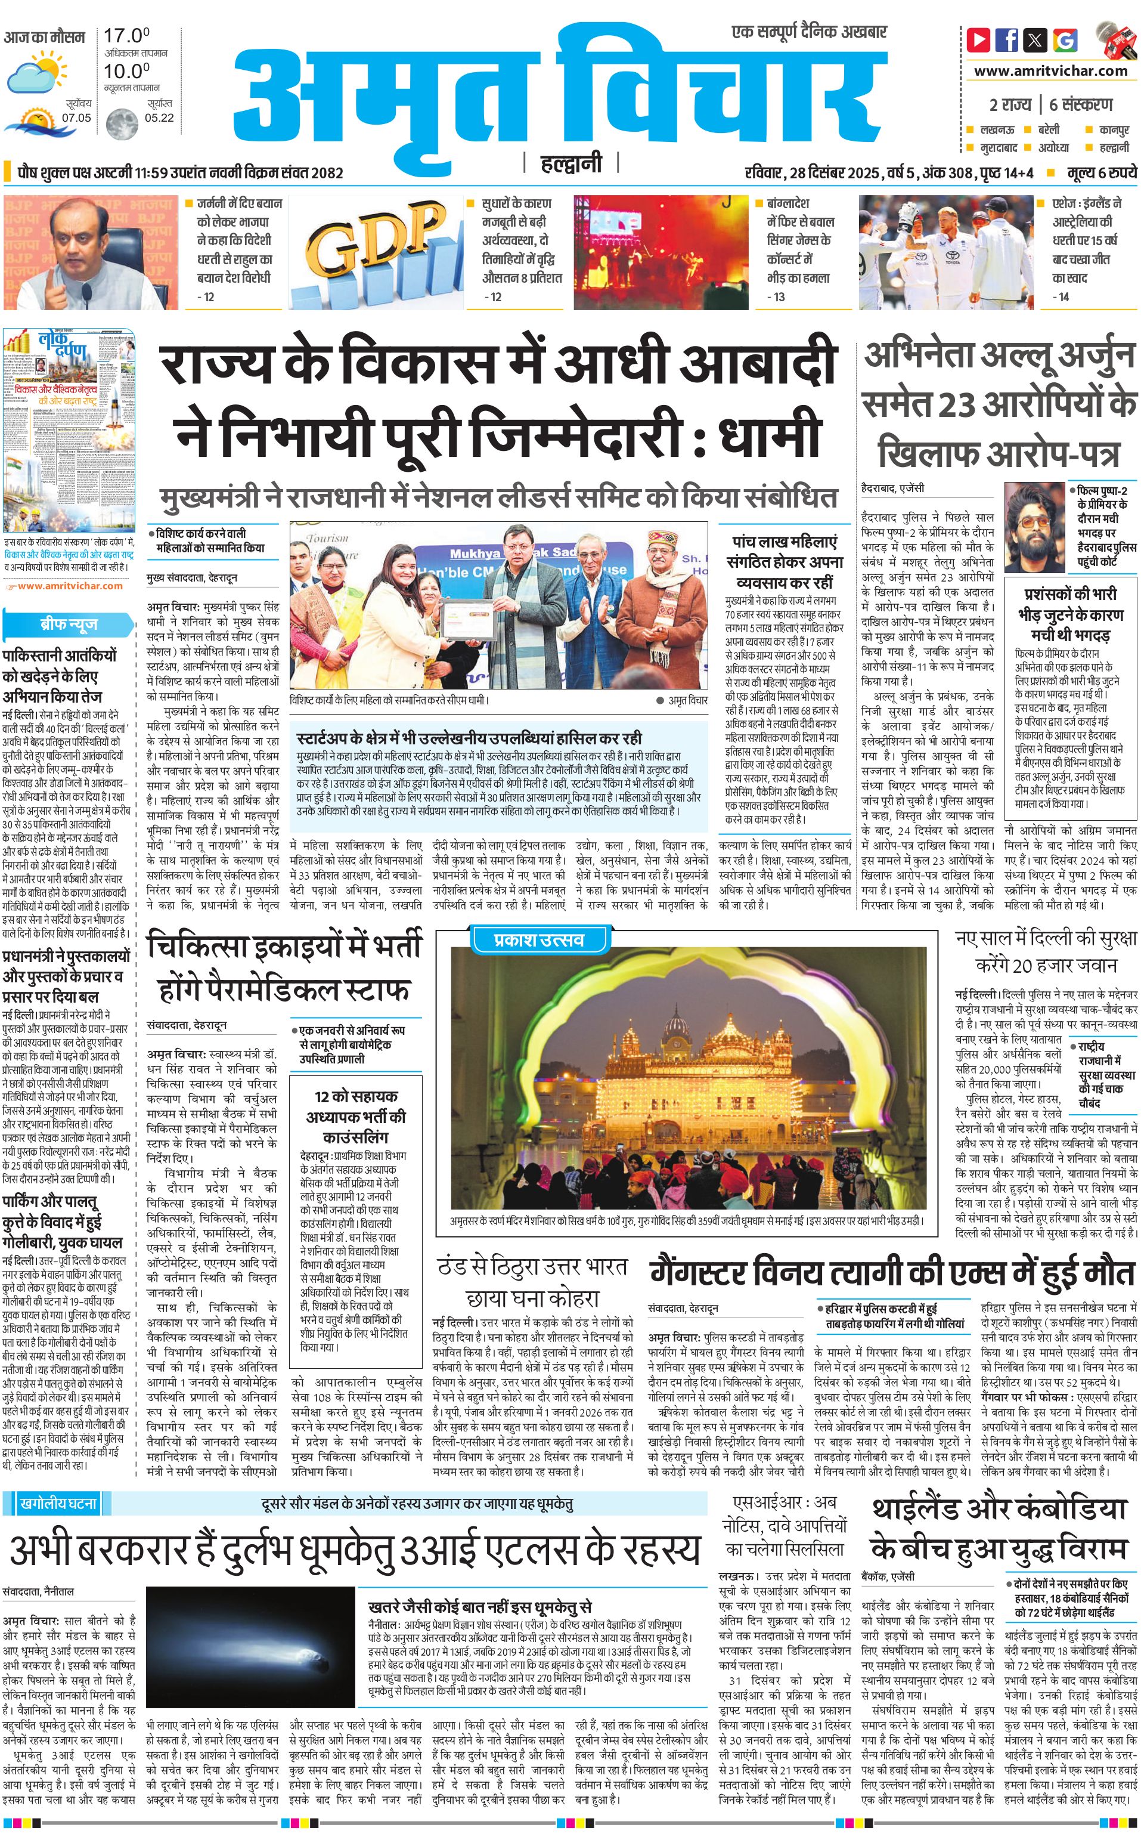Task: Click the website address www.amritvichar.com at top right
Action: coord(1050,71)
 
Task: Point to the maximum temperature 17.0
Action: coord(126,35)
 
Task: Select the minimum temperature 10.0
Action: coord(126,72)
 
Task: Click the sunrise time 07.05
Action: coord(76,117)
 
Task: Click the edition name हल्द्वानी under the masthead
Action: coord(570,162)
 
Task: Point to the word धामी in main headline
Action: coord(770,435)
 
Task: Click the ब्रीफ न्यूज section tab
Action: coord(68,624)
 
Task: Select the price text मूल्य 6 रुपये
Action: coord(1101,173)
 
